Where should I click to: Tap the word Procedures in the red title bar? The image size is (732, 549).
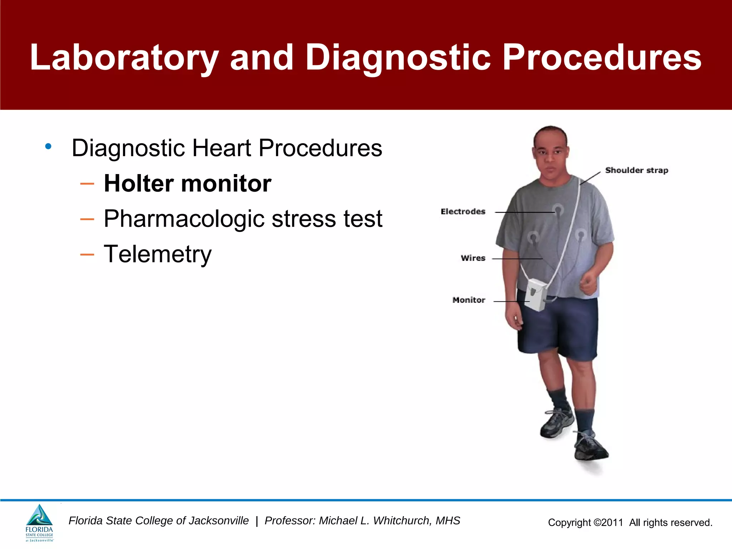602,57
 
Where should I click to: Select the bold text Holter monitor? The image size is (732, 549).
187,183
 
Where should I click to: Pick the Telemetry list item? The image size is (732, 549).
158,254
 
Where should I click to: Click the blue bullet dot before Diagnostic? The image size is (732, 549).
48,146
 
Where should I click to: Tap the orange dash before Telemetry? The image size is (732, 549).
87,254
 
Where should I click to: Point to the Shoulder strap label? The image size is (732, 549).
636,170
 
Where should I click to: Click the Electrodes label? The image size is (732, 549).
463,212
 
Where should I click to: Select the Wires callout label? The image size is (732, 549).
473,258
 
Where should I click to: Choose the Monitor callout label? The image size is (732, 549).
469,300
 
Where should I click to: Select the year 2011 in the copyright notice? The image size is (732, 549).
612,523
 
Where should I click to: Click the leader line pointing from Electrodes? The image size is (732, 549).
524,212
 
